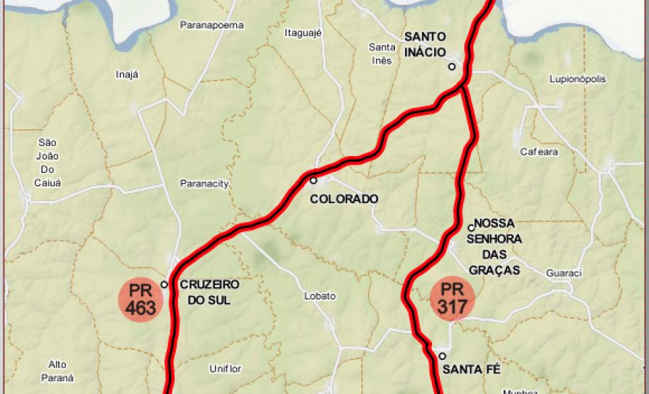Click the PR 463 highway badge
(140, 300)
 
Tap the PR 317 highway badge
(453, 298)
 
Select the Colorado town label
(344, 199)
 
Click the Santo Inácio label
(425, 44)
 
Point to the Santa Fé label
(471, 369)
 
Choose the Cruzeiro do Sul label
(209, 292)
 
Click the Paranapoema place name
(211, 25)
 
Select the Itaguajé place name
(304, 33)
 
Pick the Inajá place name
(127, 75)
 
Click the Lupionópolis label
(577, 80)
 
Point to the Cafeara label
(539, 151)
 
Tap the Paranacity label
(204, 184)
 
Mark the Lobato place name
(320, 296)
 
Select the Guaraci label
(564, 273)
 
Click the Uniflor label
(226, 368)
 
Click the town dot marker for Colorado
(313, 180)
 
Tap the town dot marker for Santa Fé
(442, 356)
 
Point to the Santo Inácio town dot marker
(451, 67)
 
